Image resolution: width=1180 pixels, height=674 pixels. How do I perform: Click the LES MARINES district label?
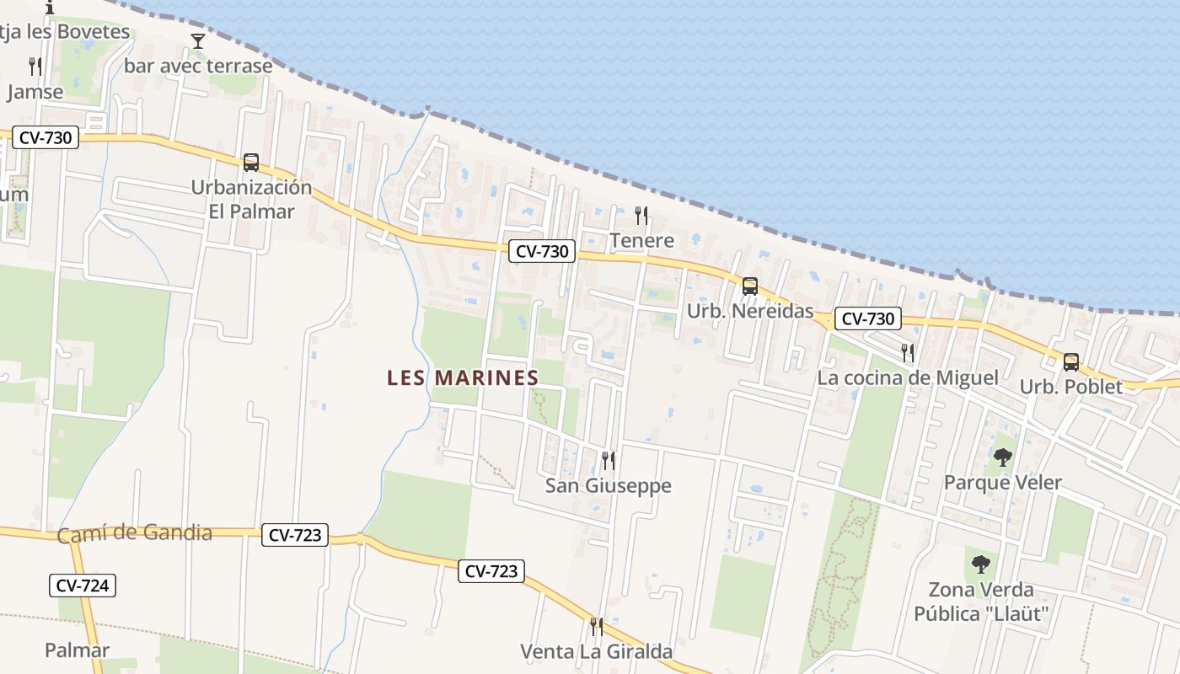pyautogui.click(x=463, y=378)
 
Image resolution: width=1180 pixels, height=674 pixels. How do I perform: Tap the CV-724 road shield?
pyautogui.click(x=82, y=586)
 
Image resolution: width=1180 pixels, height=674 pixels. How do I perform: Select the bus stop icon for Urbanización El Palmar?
pyautogui.click(x=250, y=162)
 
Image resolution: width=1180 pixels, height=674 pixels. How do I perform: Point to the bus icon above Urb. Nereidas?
pyautogui.click(x=750, y=286)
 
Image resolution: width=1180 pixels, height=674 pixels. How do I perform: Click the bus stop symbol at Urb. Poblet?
pyautogui.click(x=1070, y=362)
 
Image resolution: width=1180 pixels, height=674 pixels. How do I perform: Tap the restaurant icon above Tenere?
pyautogui.click(x=641, y=216)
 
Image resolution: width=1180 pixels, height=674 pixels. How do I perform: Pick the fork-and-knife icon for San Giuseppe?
pyautogui.click(x=608, y=460)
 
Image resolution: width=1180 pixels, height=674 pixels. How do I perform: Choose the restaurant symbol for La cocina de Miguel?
pyautogui.click(x=907, y=352)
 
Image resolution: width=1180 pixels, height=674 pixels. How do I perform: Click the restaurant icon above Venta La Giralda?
pyautogui.click(x=596, y=626)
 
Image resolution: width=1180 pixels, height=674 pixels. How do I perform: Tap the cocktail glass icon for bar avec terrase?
pyautogui.click(x=198, y=40)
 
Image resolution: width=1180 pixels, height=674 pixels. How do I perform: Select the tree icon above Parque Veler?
pyautogui.click(x=1002, y=457)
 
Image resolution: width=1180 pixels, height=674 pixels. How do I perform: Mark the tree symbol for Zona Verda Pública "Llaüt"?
pyautogui.click(x=980, y=564)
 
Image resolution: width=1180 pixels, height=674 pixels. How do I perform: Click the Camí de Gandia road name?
pyautogui.click(x=135, y=533)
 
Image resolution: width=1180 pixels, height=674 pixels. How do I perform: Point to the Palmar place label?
pyautogui.click(x=77, y=650)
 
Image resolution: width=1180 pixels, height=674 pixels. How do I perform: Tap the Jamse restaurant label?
pyautogui.click(x=35, y=92)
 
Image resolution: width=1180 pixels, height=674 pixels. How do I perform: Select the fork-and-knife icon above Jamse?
pyautogui.click(x=35, y=67)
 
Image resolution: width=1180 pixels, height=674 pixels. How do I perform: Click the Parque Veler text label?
pyautogui.click(x=1002, y=483)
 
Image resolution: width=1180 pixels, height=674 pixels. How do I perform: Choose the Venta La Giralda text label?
pyautogui.click(x=596, y=651)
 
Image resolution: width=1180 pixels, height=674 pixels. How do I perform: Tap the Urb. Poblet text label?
pyautogui.click(x=1070, y=387)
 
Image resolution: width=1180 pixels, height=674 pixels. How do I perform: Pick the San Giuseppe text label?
pyautogui.click(x=608, y=485)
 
